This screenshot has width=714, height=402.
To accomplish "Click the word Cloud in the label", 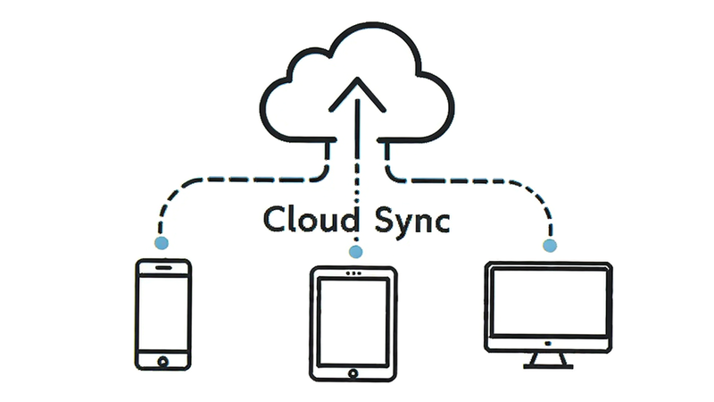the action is (311, 220).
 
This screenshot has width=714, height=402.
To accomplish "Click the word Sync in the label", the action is (412, 222).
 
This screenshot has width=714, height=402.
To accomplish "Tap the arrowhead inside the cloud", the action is (358, 95).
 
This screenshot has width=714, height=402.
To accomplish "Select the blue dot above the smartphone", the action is (162, 243).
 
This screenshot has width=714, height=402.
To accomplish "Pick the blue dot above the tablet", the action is (355, 252).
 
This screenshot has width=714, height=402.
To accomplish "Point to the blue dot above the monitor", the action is (550, 246).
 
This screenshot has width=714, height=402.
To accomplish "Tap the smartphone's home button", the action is (162, 362).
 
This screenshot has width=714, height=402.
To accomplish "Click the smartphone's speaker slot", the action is (163, 267).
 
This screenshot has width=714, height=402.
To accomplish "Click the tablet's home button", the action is (353, 373).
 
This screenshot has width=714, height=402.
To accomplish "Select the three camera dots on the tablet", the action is (353, 273).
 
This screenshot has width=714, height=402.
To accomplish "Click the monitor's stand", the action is (548, 360).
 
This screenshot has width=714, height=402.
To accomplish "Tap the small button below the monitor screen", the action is (548, 343).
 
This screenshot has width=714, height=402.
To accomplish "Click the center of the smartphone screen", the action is (163, 314).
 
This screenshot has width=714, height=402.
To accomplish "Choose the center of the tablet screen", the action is (353, 322).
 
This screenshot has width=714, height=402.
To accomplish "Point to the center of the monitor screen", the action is (550, 302).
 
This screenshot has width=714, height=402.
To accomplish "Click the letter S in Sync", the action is (385, 219).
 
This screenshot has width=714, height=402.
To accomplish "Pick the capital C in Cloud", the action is (275, 219).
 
